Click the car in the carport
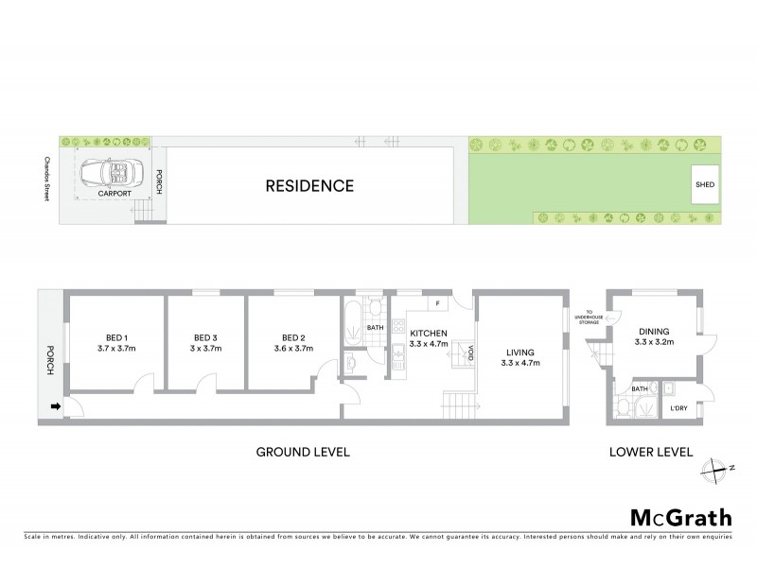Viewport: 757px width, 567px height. (110, 174)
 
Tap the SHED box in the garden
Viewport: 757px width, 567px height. (705, 185)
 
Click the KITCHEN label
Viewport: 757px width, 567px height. (428, 334)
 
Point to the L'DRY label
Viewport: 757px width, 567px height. (678, 407)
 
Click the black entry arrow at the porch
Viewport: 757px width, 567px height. (55, 407)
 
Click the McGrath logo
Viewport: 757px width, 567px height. (680, 517)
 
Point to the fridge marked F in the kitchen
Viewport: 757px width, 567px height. (438, 303)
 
